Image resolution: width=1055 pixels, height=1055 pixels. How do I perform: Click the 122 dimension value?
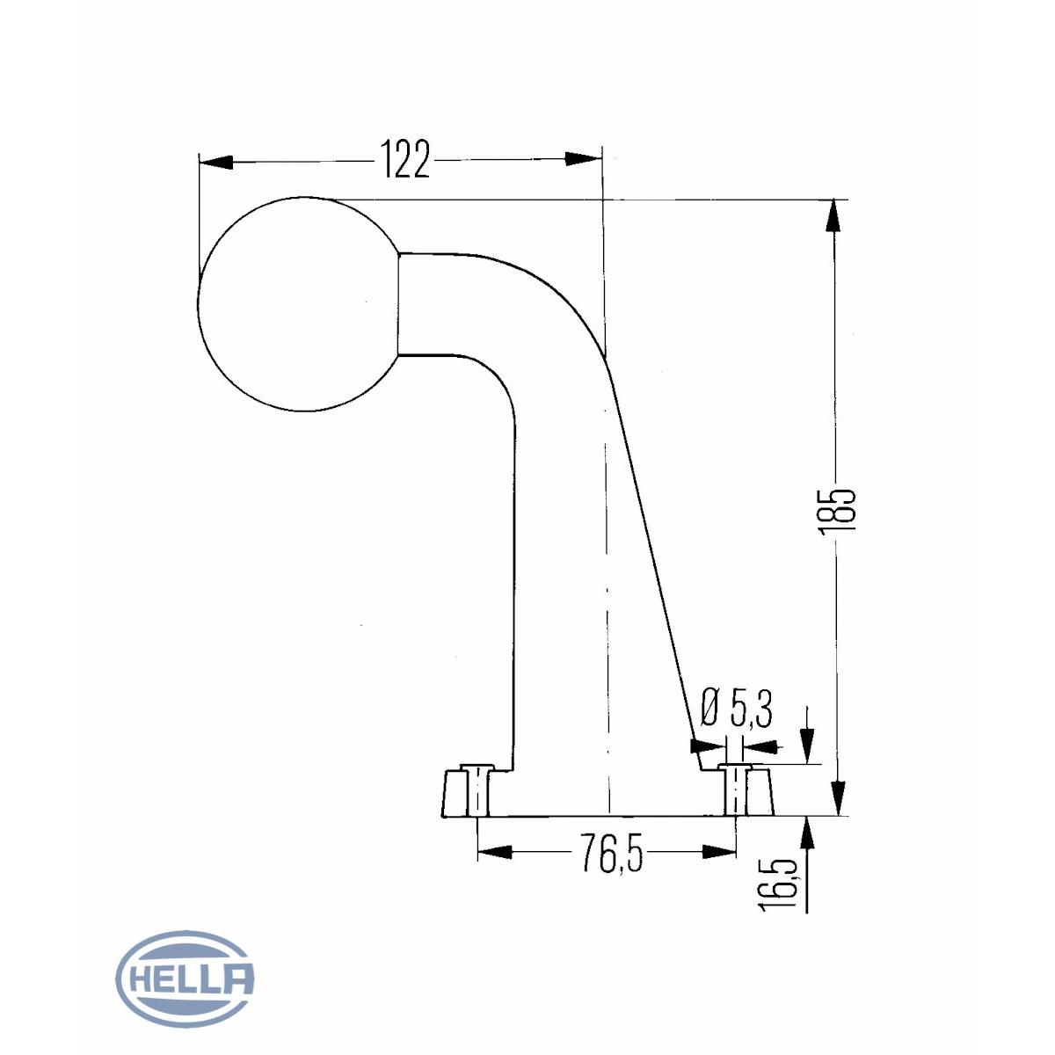[405, 160]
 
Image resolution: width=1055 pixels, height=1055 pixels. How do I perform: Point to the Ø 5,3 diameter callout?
[737, 709]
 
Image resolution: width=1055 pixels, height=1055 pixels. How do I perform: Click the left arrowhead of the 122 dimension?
[216, 162]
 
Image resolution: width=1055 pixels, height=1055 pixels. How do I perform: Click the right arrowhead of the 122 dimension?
[585, 159]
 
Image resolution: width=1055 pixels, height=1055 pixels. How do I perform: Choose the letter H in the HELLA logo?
[141, 978]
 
